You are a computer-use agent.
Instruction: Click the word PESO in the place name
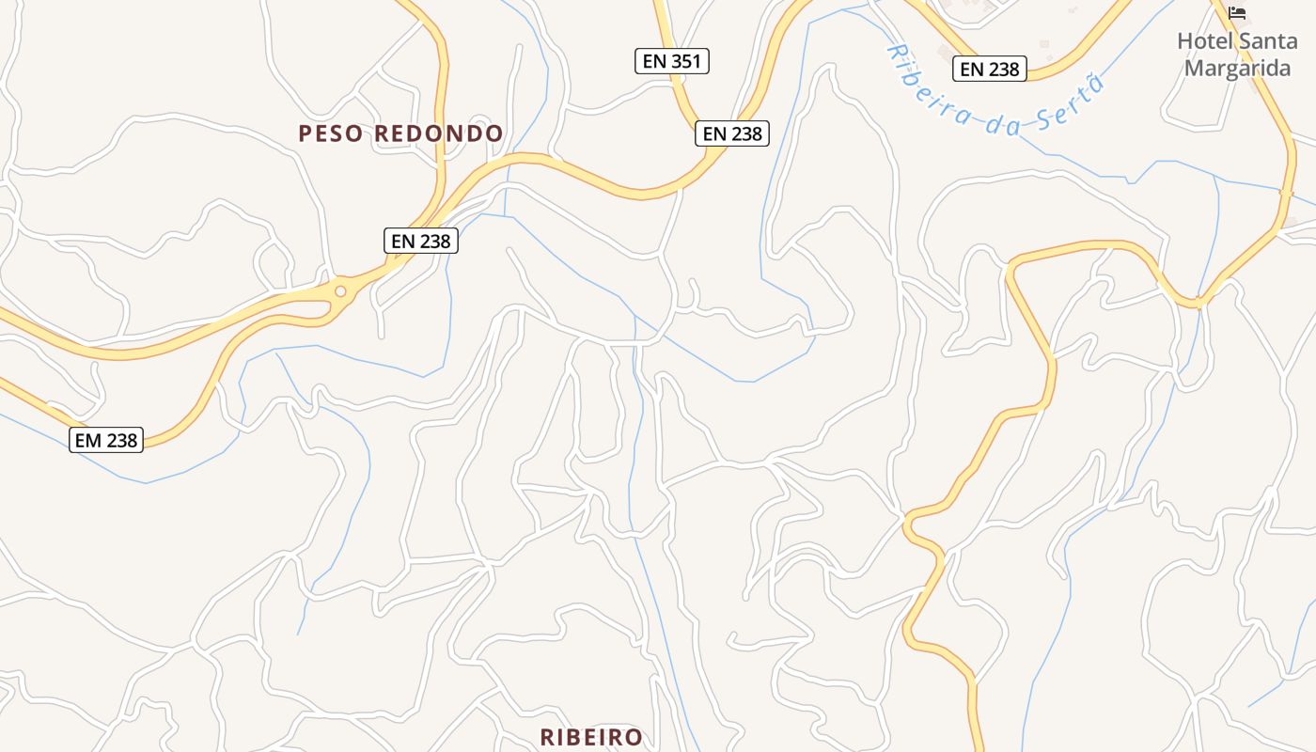331,133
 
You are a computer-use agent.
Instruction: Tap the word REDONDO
439,133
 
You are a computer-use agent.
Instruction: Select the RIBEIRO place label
591,737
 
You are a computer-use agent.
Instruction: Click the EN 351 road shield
671,62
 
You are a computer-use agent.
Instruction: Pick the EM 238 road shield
106,440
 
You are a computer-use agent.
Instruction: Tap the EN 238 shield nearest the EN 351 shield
732,133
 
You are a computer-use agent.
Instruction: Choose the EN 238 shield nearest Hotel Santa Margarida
990,69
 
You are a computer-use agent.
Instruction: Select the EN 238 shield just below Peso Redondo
421,242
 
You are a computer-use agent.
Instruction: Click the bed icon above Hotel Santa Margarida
1237,13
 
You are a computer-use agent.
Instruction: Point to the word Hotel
1205,41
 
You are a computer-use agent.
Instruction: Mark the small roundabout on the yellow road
340,291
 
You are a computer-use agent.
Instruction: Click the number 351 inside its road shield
684,62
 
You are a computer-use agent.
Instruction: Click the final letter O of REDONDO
495,133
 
